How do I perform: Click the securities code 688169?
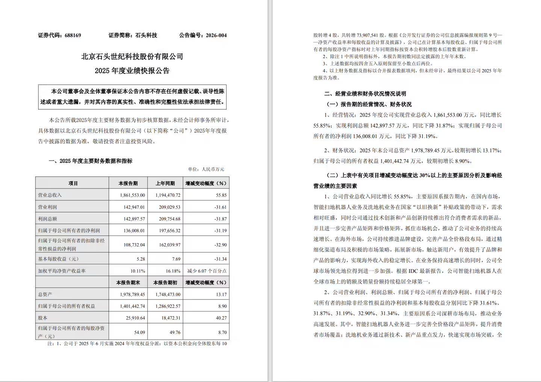coord(73,35)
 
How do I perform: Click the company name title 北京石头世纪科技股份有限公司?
coord(132,57)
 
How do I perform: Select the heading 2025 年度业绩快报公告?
coord(132,71)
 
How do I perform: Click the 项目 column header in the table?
coord(73,183)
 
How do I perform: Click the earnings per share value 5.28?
coord(140,259)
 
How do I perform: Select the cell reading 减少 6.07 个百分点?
coord(207,271)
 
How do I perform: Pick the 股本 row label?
coord(43,318)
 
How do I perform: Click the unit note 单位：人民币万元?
coord(206,169)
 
